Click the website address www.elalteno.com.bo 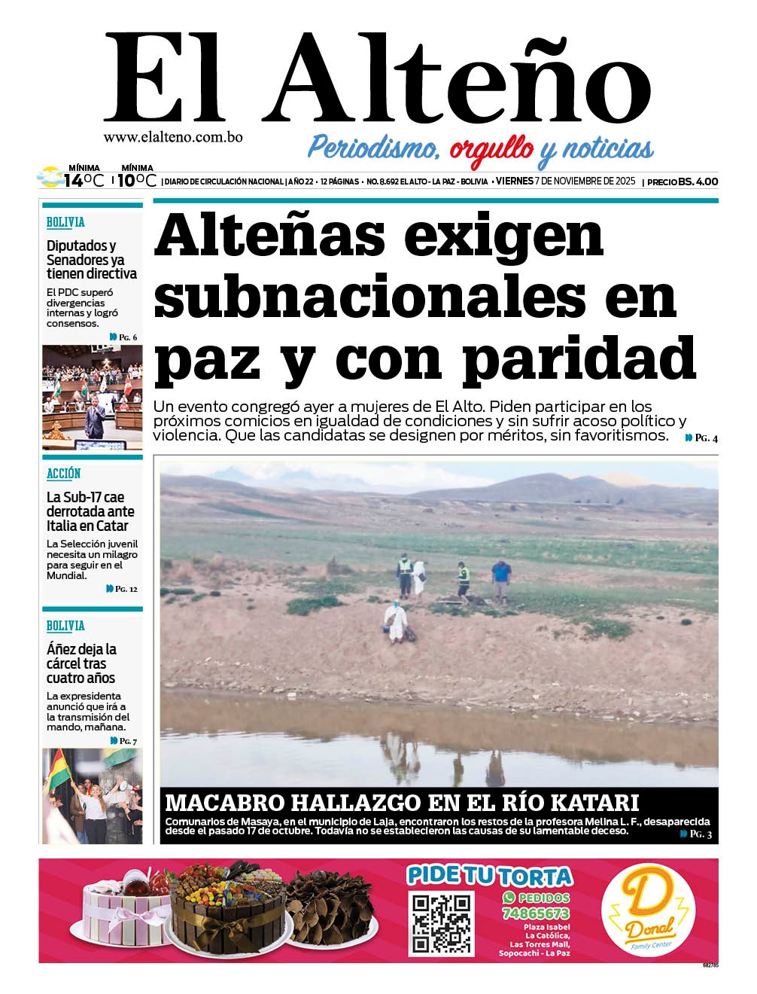tap(172, 138)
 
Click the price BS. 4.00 tap(698, 181)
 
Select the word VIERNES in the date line tap(514, 181)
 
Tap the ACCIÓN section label tap(64, 473)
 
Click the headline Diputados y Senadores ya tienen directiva tap(91, 259)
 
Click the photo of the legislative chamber tap(92, 397)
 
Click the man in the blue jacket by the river tap(500, 581)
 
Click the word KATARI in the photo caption tap(594, 802)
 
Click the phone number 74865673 tap(535, 913)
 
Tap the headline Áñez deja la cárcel tap(81, 663)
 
